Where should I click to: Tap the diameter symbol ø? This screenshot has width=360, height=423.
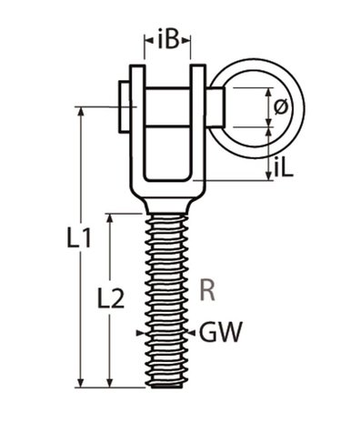280,107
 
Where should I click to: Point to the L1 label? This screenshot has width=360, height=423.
80,238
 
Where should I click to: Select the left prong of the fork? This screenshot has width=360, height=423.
137,127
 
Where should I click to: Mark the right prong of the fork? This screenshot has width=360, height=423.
197,127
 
